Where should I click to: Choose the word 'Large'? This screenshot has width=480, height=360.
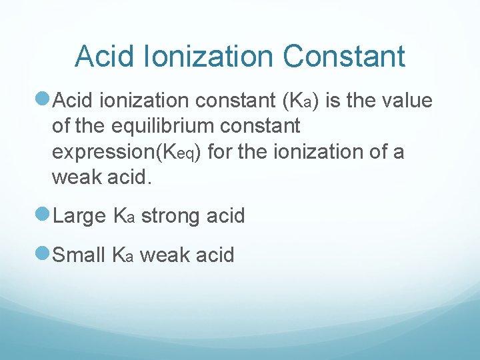pos(79,216)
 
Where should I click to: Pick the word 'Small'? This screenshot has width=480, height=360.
pos(79,255)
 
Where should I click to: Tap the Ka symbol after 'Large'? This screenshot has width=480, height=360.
pos(125,217)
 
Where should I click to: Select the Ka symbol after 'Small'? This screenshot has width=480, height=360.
pos(125,255)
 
